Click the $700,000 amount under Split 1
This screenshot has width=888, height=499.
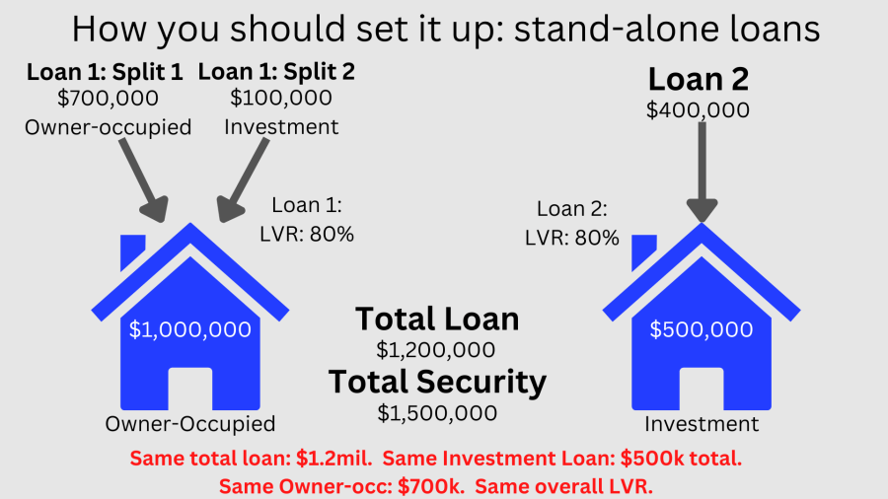[108, 99]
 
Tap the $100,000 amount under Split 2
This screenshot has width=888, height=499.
[280, 99]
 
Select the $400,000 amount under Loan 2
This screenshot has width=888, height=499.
[698, 110]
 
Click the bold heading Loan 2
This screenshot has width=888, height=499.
[698, 79]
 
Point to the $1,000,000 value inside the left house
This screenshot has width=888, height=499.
[190, 330]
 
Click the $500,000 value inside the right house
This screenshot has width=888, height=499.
[702, 330]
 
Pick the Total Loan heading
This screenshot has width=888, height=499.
[437, 319]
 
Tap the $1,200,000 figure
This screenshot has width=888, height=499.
[436, 349]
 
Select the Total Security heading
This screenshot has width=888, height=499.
[437, 382]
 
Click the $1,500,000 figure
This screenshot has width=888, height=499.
[436, 412]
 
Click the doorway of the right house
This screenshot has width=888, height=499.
[702, 390]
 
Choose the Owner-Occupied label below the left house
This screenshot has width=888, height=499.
[190, 424]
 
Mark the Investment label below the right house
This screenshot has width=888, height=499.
[702, 424]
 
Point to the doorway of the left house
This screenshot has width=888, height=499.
[190, 390]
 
